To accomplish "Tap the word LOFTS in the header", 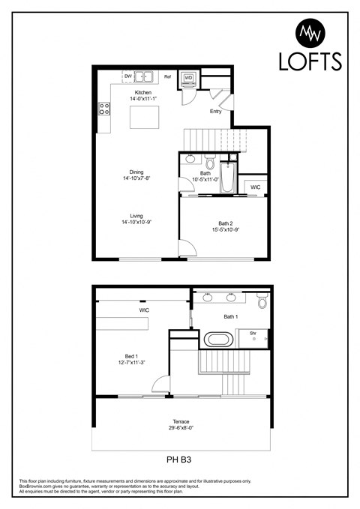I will tap(310, 61).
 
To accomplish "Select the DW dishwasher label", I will tap(128, 76).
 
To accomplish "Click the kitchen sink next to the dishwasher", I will tap(144, 76).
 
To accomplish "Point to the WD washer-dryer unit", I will tap(188, 77).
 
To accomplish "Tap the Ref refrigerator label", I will tap(167, 76).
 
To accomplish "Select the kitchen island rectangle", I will tap(143, 118).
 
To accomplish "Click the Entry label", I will tap(216, 112).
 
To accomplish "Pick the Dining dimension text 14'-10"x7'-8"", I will tap(136, 178).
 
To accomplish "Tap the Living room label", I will tap(136, 216).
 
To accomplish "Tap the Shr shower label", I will tap(253, 332).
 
